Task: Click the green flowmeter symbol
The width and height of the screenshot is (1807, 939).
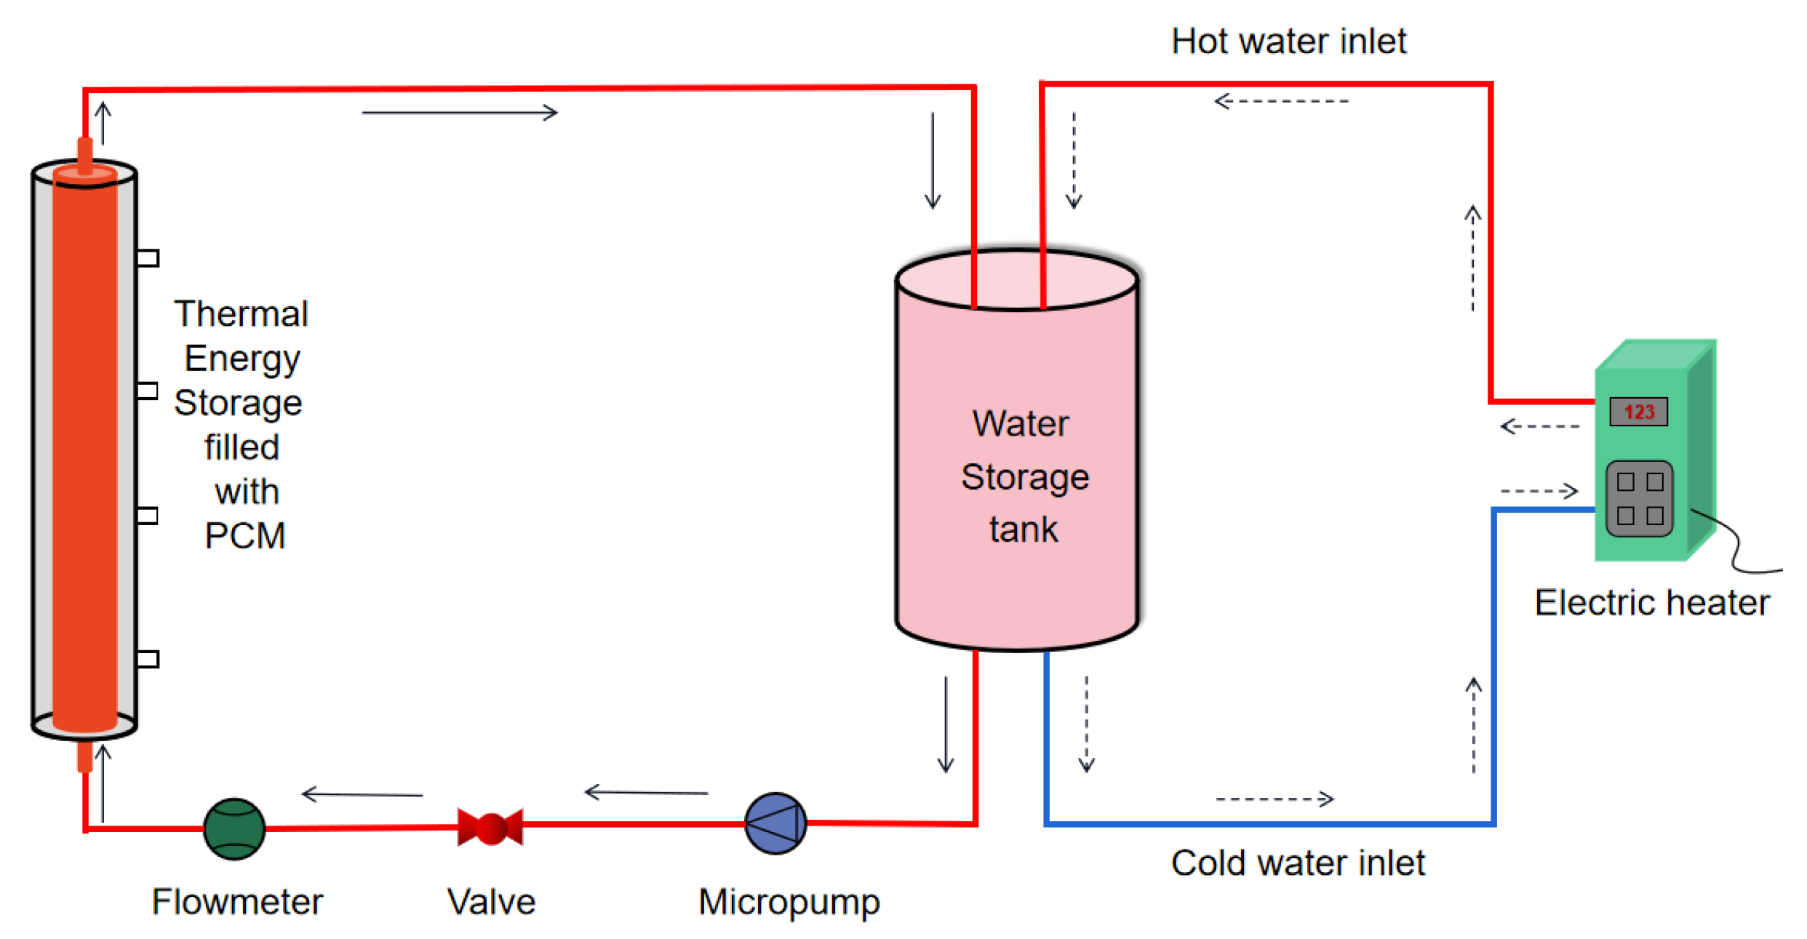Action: point(234,828)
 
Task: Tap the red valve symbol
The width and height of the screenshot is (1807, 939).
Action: point(490,827)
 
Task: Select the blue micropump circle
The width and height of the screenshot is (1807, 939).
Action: point(775,823)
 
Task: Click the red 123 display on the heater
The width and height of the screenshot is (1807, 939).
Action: point(1638,412)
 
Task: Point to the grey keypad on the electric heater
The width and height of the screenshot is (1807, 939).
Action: point(1640,499)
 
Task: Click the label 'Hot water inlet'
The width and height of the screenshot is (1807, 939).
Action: point(1288,41)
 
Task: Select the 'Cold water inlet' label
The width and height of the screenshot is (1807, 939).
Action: point(1298,863)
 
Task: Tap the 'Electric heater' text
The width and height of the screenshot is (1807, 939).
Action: point(1652,603)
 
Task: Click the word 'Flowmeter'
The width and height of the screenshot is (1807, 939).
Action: point(237,902)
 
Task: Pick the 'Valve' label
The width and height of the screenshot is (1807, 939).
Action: point(491,902)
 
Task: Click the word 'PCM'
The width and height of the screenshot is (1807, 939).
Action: point(245,536)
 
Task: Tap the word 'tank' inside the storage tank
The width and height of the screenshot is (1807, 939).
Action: point(1024,530)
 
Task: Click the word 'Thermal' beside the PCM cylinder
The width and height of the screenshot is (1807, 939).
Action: point(241,314)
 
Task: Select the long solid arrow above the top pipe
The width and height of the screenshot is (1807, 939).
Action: point(460,113)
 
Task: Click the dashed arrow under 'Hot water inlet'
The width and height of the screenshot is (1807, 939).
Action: point(1281,101)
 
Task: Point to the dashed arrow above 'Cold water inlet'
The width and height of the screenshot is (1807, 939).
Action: point(1275,799)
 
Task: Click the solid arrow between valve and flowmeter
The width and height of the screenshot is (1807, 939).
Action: point(362,794)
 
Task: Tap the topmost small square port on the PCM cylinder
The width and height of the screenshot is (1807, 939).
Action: point(148,258)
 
